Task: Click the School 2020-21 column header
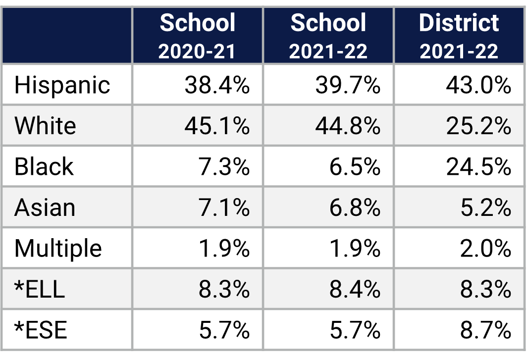(x=197, y=36)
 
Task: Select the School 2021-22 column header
(x=328, y=36)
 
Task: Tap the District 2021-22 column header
(x=459, y=36)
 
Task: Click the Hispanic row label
(x=62, y=85)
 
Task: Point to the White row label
(x=45, y=126)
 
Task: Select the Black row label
(x=44, y=166)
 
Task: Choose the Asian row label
(x=45, y=207)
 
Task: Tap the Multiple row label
(x=58, y=248)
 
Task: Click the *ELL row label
(x=40, y=289)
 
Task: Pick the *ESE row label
(x=41, y=330)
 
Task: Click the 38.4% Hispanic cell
(x=217, y=85)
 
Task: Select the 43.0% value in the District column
(x=478, y=85)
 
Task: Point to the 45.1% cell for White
(x=217, y=126)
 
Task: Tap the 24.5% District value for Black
(x=478, y=166)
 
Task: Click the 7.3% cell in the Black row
(x=224, y=166)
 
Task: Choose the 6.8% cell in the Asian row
(x=355, y=207)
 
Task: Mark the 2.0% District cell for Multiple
(x=485, y=248)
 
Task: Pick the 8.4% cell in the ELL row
(x=355, y=289)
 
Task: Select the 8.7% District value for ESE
(x=485, y=330)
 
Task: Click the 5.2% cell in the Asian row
(x=485, y=207)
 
